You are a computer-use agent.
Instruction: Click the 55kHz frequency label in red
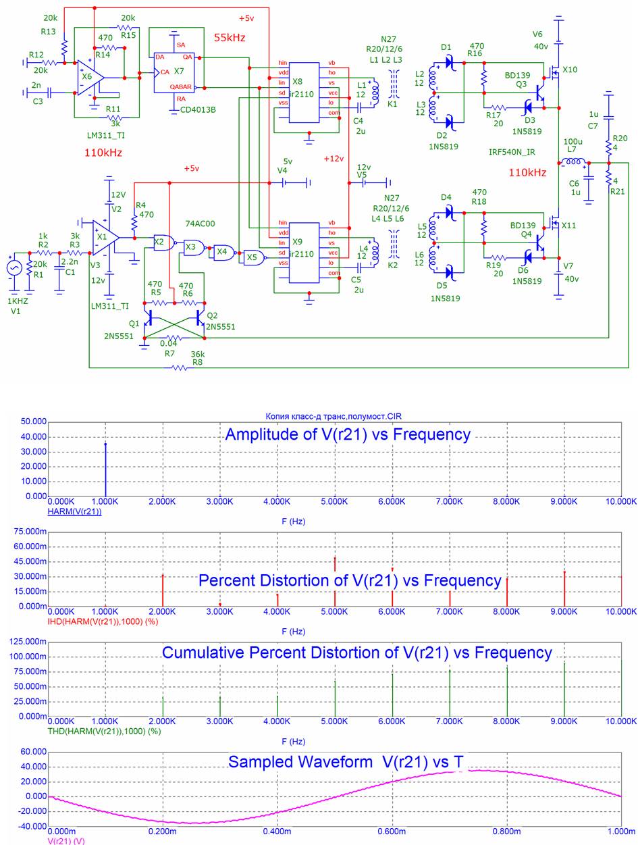click(230, 37)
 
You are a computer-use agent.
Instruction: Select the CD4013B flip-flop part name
click(198, 109)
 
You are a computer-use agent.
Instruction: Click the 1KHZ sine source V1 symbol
click(15, 268)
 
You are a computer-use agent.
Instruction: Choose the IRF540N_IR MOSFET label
click(511, 152)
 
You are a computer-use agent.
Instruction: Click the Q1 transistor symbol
click(148, 318)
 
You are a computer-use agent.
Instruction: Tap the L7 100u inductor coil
click(573, 162)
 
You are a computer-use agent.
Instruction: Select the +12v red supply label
click(334, 159)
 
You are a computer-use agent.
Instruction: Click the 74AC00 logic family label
click(200, 224)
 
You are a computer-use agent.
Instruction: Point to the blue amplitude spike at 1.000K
click(105, 470)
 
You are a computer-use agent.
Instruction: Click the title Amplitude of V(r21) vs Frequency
click(348, 434)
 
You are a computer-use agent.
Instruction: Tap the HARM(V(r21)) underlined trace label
click(75, 511)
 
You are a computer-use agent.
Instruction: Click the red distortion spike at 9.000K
click(564, 588)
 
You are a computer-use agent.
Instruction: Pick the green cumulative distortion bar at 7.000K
click(450, 693)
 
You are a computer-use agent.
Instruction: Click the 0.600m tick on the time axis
click(392, 831)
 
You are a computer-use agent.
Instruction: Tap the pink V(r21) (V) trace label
click(65, 841)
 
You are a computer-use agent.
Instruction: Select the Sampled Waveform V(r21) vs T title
click(346, 761)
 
